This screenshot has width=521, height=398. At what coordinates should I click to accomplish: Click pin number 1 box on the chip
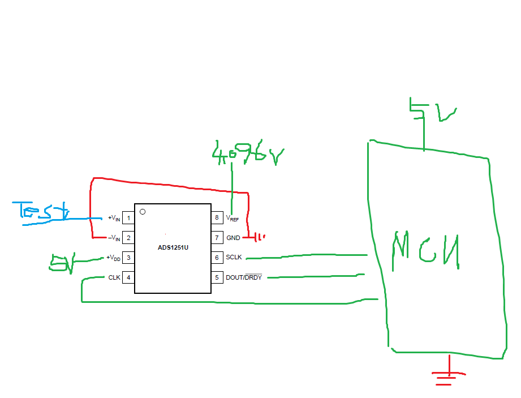pos(128,218)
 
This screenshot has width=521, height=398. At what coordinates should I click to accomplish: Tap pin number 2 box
pos(128,238)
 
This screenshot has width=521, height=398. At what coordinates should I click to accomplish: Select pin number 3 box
pos(128,258)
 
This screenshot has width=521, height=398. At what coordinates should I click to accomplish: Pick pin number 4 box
pos(128,278)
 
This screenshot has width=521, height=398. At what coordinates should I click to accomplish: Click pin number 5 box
pos(217,277)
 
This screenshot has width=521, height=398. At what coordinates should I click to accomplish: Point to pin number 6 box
pos(217,258)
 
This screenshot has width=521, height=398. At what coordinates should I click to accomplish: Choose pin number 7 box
pos(217,238)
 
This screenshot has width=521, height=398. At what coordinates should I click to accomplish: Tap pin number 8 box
pos(217,218)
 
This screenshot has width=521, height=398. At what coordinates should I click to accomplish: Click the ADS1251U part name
pos(173,247)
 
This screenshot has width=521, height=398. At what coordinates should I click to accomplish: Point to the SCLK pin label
pos(234,258)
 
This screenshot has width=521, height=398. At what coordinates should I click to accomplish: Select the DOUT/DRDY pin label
pos(244,277)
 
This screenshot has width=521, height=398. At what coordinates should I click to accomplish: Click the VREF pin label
pos(232,218)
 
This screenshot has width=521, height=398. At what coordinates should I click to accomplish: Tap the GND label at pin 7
pos(233,238)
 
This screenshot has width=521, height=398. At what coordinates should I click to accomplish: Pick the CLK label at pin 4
pos(114,278)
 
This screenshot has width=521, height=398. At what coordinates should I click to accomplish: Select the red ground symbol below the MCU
pos(449,375)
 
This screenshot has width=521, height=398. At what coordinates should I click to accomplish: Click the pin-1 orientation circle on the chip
pos(143,212)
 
